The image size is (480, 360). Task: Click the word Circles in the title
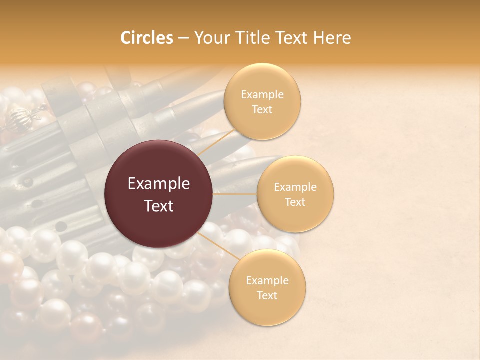point(147,38)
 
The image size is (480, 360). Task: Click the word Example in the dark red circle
point(159,184)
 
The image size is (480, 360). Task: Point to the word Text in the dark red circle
point(159,206)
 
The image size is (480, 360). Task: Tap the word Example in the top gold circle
point(262,94)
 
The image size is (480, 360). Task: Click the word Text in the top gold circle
point(262,109)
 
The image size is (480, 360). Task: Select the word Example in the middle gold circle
point(295,187)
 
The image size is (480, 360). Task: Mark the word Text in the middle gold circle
point(295,202)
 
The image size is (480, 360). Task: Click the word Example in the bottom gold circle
point(267,280)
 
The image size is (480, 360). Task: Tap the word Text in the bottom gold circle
point(267,295)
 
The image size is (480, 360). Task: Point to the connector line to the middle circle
point(235,194)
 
